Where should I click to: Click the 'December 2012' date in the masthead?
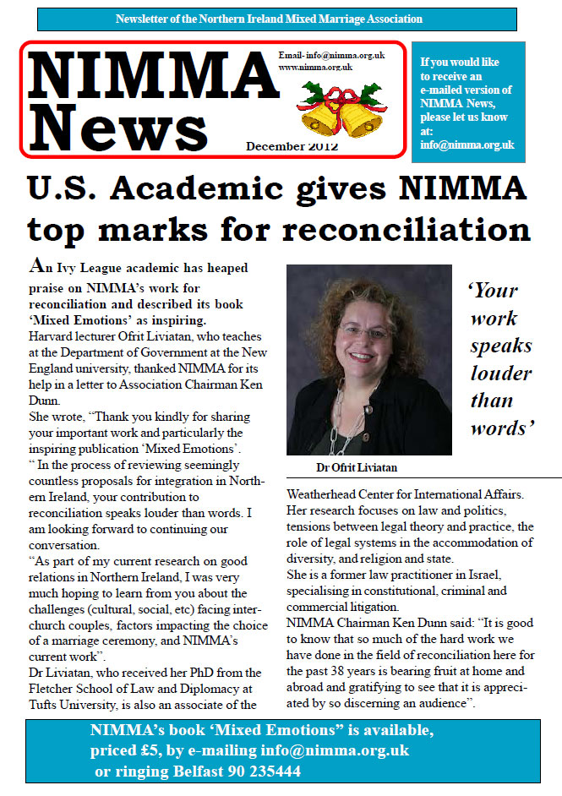292,146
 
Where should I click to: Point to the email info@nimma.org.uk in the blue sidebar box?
467,144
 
